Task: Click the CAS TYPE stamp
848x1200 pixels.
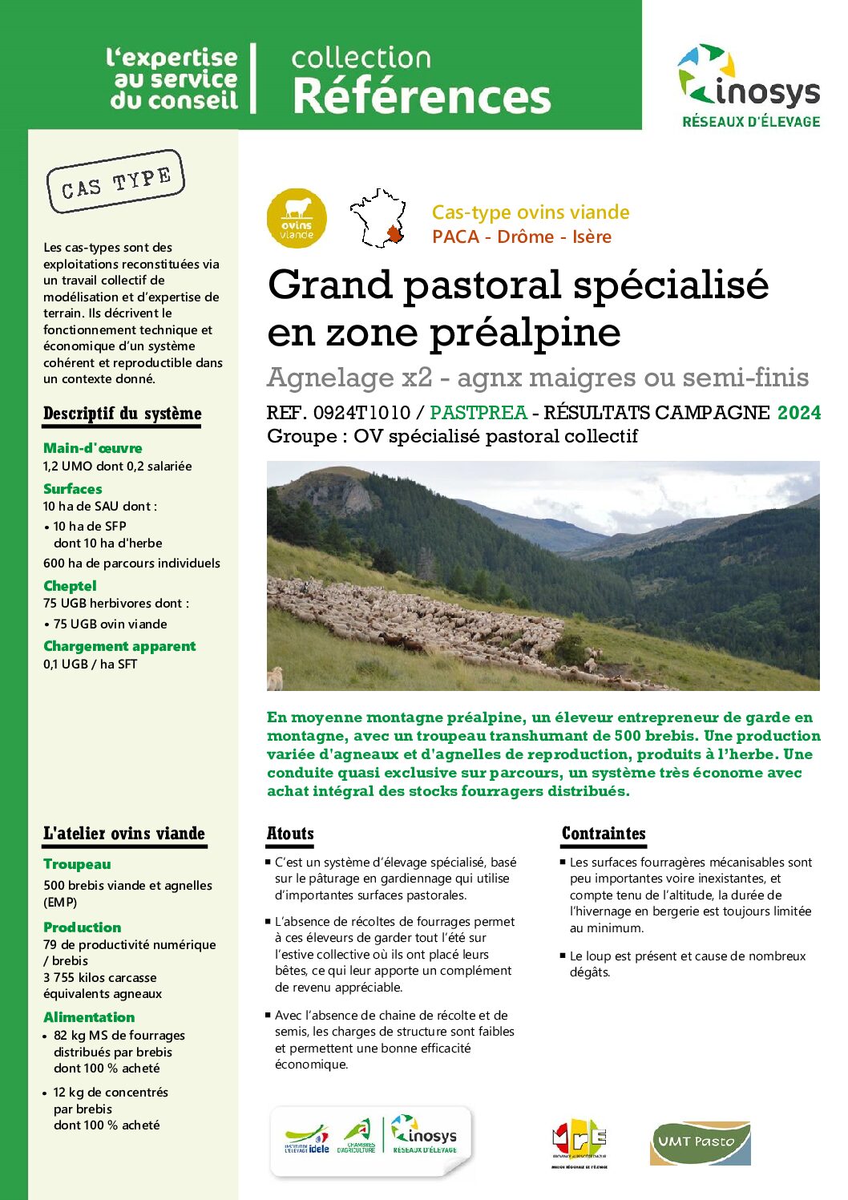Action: tap(115, 182)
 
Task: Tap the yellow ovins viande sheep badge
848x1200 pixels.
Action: tap(297, 218)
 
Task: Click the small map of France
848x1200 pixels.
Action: tap(378, 218)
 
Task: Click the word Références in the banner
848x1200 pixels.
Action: tap(422, 96)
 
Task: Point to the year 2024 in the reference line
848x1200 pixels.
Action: tap(798, 413)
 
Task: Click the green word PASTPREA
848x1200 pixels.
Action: tap(479, 413)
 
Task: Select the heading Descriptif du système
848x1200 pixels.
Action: tap(122, 414)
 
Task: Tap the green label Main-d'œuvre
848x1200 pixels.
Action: tap(92, 448)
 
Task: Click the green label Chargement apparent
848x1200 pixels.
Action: tap(119, 646)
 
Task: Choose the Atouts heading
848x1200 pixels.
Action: tap(290, 834)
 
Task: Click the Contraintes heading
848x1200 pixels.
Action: tap(604, 834)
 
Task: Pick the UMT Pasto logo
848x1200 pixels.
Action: tap(700, 1142)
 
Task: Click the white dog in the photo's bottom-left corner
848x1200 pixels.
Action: tap(276, 678)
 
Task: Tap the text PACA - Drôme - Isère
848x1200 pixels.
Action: tap(521, 236)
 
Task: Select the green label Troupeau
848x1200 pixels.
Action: tap(77, 864)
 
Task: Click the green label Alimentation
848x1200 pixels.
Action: tap(89, 1017)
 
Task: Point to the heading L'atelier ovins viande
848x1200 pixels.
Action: tap(124, 834)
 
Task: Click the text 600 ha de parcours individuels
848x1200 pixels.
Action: tap(131, 564)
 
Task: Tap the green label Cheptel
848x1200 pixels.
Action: tap(70, 586)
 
